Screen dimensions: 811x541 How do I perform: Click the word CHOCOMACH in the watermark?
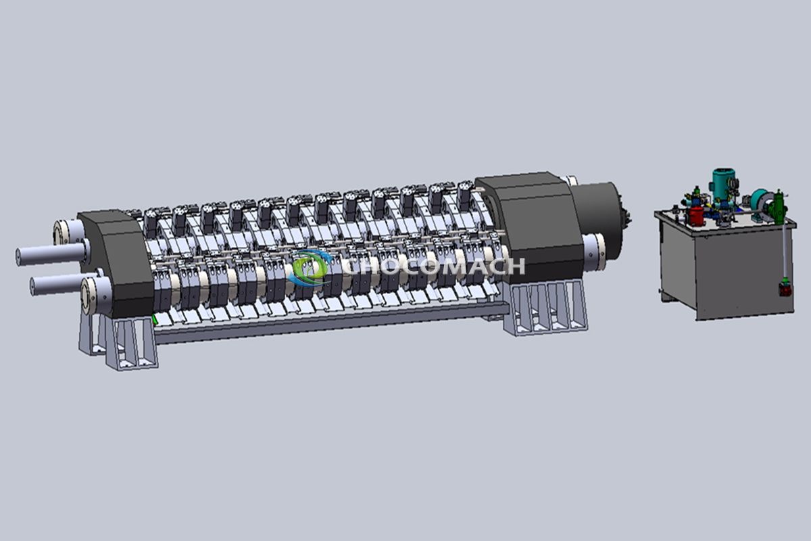pos(433,266)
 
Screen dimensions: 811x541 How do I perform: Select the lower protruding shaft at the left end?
pos(59,285)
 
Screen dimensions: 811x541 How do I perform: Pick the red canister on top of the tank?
pos(695,216)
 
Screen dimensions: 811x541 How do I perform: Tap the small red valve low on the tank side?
pos(784,288)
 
